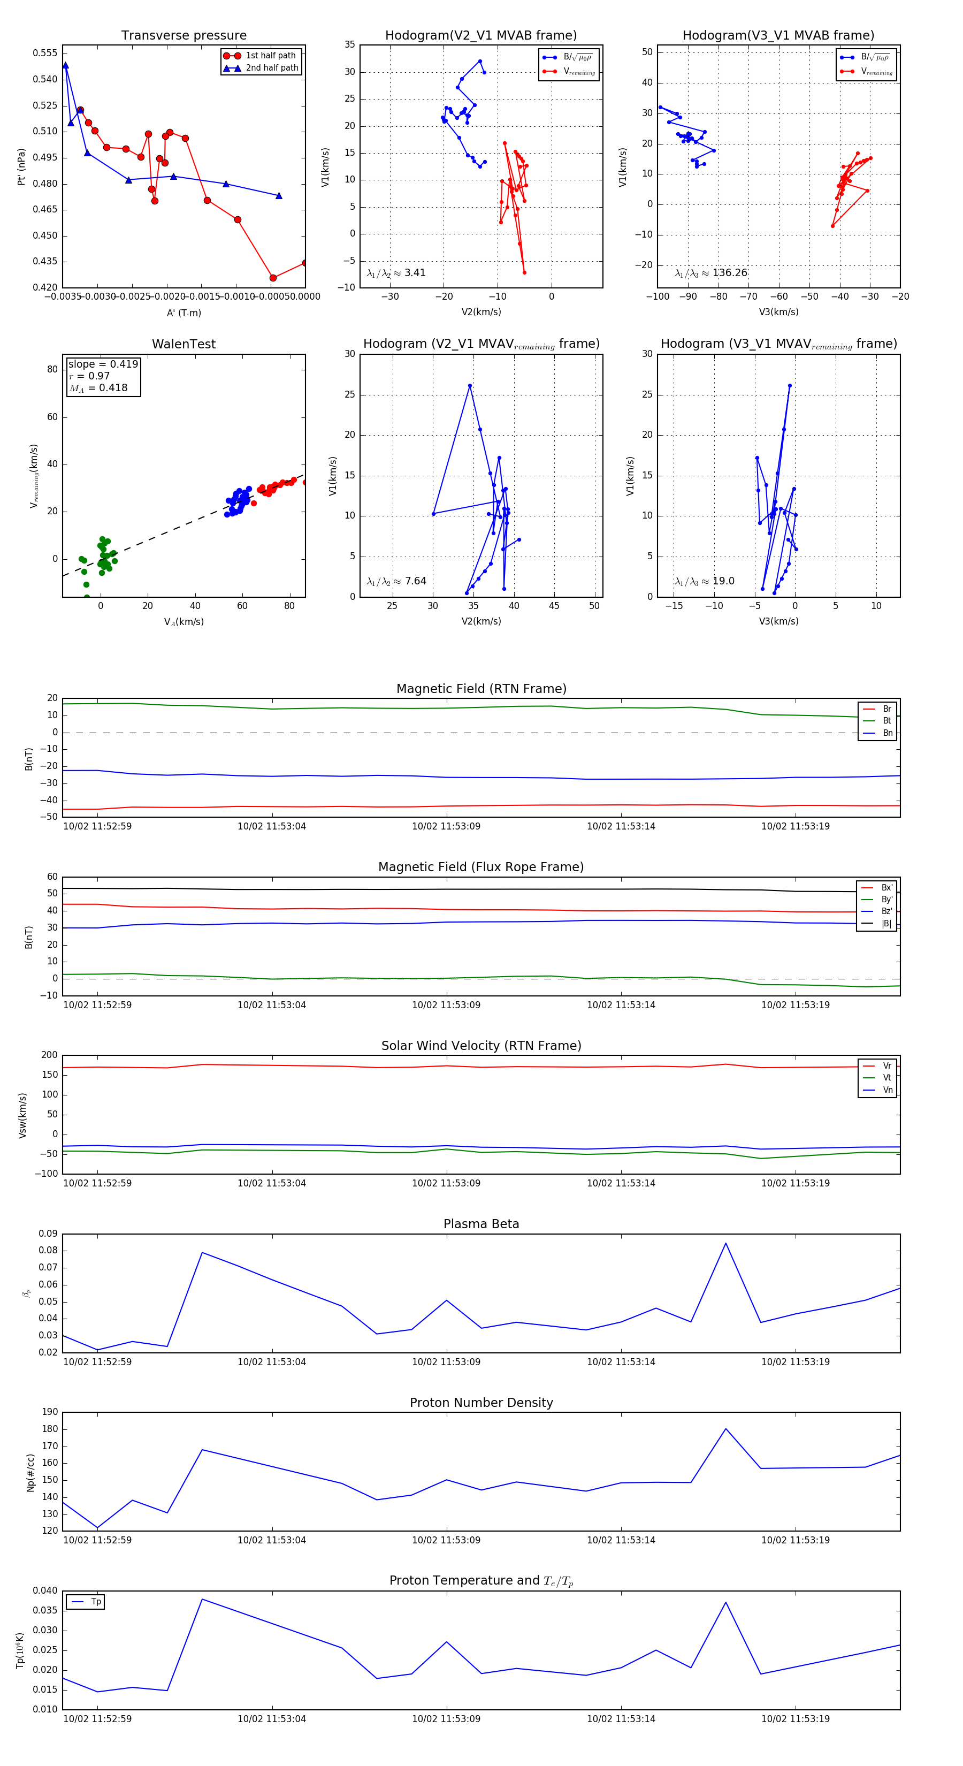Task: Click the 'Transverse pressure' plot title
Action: [184, 36]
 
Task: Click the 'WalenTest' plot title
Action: [184, 344]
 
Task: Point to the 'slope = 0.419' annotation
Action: [103, 364]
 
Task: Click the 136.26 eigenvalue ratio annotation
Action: [711, 273]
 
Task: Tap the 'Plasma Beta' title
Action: [481, 1224]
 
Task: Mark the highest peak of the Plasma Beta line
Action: [726, 1244]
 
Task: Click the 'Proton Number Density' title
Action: [481, 1403]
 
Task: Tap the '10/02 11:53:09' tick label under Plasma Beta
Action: [446, 1361]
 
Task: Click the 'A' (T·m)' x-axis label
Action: [184, 313]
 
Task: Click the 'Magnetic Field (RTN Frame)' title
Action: [481, 689]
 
